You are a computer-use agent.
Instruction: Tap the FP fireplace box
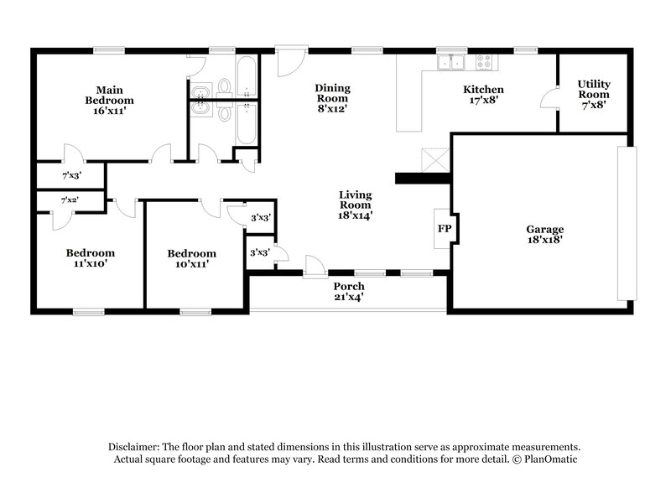443,228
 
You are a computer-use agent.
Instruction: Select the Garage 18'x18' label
544,234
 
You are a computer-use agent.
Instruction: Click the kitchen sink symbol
450,62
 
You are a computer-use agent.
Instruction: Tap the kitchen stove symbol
485,62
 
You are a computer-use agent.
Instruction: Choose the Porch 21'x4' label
348,291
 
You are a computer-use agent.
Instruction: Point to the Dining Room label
332,97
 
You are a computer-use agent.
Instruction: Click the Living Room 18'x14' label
355,205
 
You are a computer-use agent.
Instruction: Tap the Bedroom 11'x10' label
91,258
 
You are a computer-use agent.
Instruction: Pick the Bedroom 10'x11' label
191,258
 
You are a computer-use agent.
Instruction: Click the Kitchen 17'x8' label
483,95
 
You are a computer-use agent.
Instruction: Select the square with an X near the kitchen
436,160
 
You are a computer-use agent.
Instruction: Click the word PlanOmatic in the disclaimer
549,459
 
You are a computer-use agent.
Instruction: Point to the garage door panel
623,223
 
